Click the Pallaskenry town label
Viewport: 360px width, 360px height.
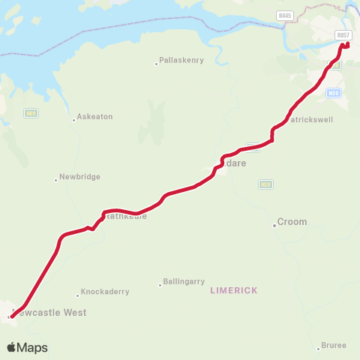181,61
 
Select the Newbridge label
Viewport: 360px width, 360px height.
79,177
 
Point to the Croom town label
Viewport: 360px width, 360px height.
292,222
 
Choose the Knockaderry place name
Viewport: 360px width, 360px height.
105,292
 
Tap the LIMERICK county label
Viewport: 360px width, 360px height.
234,290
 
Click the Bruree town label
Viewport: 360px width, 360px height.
333,345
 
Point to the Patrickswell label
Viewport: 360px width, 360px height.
311,119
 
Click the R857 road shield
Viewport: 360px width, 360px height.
343,35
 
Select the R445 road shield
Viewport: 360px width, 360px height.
283,14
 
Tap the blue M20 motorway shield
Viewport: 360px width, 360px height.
334,93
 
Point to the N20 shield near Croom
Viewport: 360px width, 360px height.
265,184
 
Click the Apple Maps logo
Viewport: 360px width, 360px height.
27,347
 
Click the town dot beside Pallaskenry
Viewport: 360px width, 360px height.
156,61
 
